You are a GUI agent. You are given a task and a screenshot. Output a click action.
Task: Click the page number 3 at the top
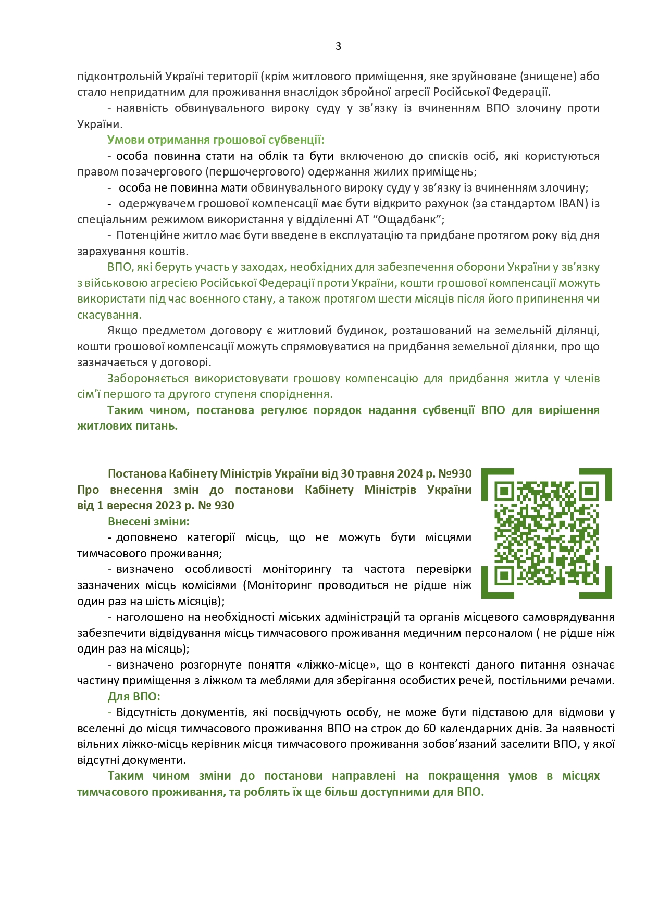pos(338,46)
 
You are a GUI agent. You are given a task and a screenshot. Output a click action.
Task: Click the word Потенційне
pos(144,235)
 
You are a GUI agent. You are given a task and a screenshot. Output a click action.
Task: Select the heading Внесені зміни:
pos(148,521)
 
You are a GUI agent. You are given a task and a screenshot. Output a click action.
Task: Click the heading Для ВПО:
pos(134,697)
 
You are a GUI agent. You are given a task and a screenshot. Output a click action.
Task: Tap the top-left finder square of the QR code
pos(503,491)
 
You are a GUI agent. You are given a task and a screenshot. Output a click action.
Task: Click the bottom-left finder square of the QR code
pos(503,576)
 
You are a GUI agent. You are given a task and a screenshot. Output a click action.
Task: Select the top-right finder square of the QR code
pos(589,491)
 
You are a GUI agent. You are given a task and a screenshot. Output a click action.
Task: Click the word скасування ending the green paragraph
pos(109,315)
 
